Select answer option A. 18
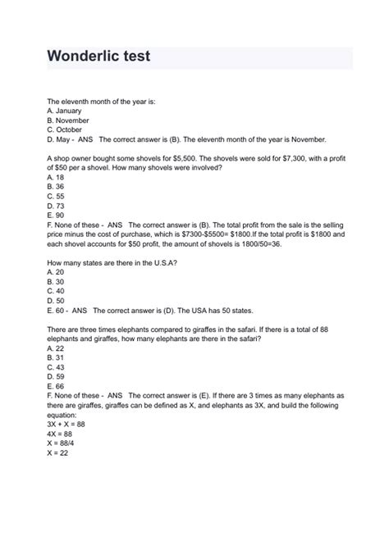[57, 176]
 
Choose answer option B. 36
[57, 186]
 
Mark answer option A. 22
[57, 348]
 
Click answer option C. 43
[57, 366]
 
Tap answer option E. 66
[57, 385]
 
